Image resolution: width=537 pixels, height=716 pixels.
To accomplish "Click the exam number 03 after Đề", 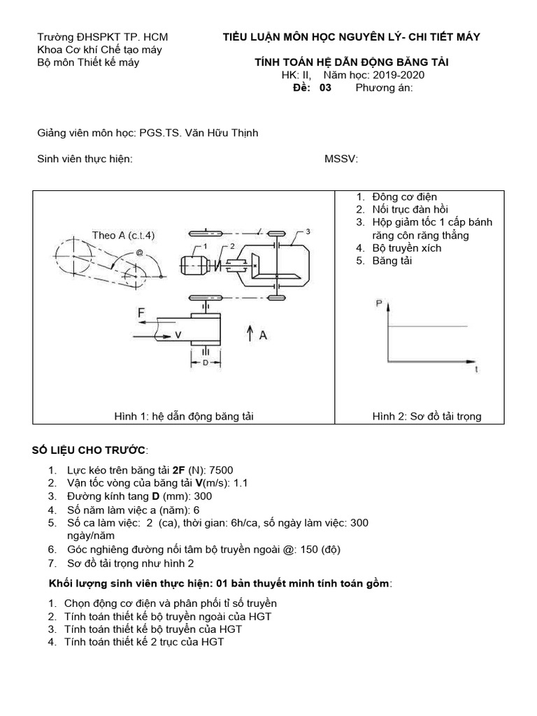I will coord(325,88).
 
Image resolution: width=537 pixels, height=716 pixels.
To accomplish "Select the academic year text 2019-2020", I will coord(399,76).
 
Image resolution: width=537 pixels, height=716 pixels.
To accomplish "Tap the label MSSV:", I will coord(341,159).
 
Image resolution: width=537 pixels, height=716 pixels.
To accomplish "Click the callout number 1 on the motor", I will coord(206,247).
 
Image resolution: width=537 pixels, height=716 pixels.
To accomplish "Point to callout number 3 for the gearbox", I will coord(307,231).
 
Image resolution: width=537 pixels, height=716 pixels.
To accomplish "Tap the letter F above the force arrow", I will coord(142,314).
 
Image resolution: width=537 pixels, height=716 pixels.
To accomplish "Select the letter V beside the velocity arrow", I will coord(178,336).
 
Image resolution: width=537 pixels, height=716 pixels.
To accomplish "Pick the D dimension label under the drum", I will coord(206,363).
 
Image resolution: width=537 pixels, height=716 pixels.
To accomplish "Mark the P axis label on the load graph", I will coord(379,303).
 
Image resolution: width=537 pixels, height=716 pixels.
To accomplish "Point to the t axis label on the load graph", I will coord(476,370).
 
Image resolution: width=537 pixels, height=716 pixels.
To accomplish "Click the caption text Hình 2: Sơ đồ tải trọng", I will coord(427,417).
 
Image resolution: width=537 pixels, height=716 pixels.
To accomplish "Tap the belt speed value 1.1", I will coord(240,483).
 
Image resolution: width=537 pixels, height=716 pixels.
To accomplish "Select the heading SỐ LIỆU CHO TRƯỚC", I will coord(91,448).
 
